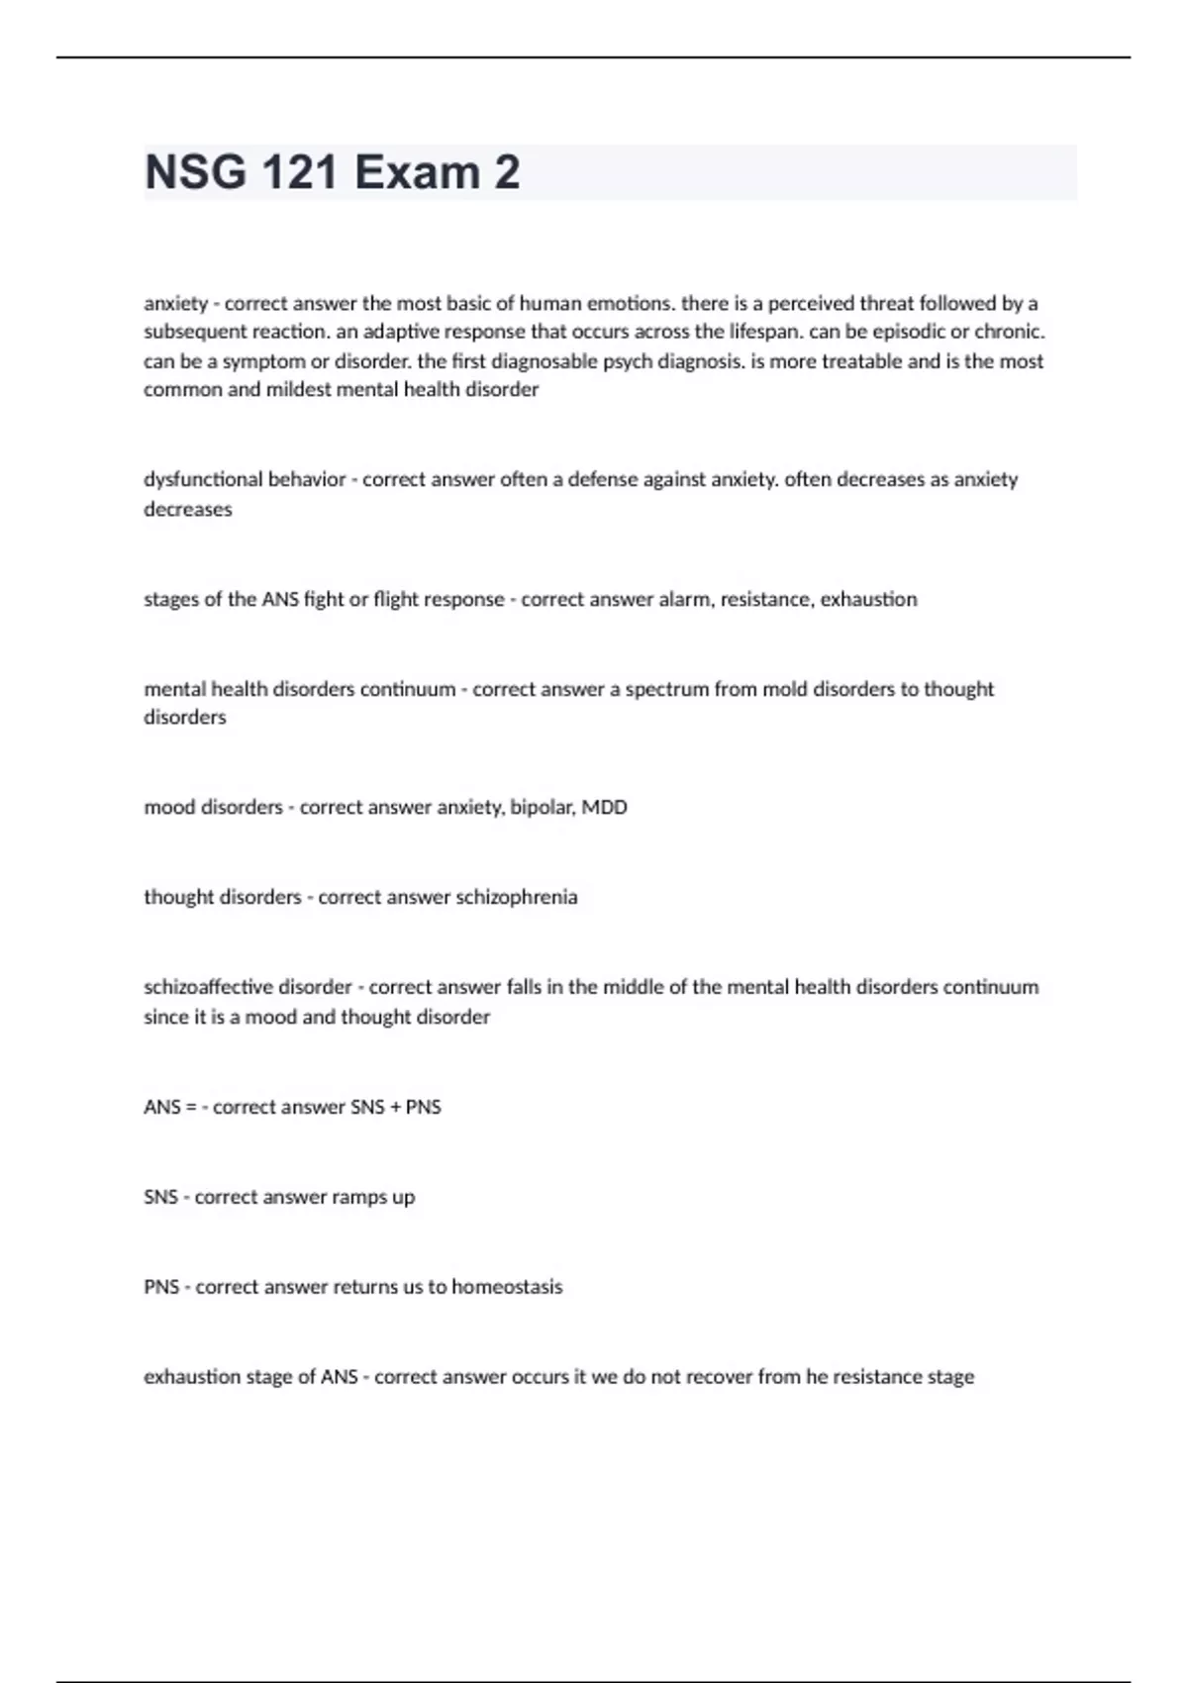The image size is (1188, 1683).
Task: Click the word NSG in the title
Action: (x=196, y=172)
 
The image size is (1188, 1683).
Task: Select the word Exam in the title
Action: (x=417, y=172)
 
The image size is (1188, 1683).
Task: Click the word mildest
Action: (x=299, y=390)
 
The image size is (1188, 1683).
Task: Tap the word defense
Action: (x=603, y=480)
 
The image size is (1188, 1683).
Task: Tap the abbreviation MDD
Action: (x=604, y=808)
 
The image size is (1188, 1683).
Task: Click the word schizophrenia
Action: (x=516, y=898)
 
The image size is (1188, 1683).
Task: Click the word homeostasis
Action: (x=507, y=1287)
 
